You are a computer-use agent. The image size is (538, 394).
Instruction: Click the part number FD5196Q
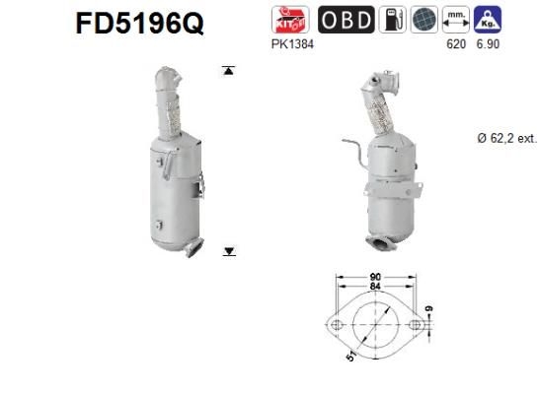pyautogui.click(x=140, y=23)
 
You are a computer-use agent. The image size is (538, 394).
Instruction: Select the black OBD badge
pyautogui.click(x=346, y=19)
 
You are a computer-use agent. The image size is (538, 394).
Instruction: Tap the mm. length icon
pyautogui.click(x=454, y=19)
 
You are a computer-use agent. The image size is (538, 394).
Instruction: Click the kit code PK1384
pyautogui.click(x=297, y=45)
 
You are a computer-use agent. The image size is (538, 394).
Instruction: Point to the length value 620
pyautogui.click(x=454, y=45)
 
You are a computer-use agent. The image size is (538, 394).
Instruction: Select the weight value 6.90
pyautogui.click(x=486, y=45)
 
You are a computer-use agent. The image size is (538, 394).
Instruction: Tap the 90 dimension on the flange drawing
pyautogui.click(x=376, y=279)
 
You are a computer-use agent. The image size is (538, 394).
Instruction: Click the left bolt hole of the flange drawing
pyautogui.click(x=336, y=322)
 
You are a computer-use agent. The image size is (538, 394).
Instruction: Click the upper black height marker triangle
pyautogui.click(x=229, y=71)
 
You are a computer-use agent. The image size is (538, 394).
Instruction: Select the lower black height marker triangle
pyautogui.click(x=229, y=252)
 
